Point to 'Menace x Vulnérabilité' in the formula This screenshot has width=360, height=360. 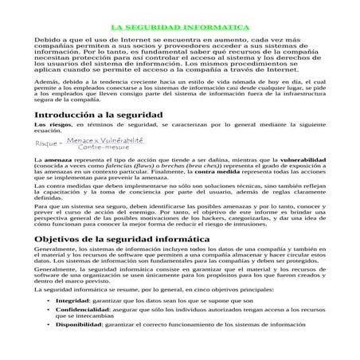(99, 140)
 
